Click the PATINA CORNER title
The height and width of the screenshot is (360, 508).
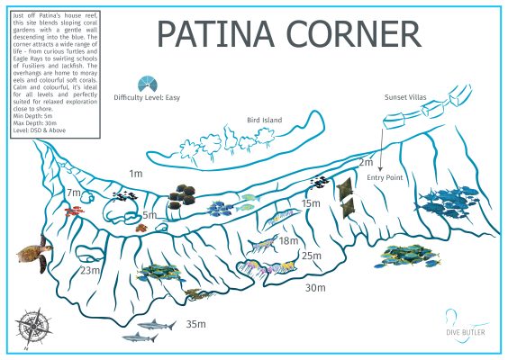(x=288, y=34)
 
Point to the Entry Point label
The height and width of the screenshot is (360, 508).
(x=385, y=178)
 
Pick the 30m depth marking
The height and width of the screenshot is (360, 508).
(x=315, y=288)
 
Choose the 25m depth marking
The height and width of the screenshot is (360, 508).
(x=312, y=256)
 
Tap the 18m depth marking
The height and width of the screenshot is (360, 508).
(x=288, y=240)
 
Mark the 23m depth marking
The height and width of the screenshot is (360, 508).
(x=90, y=270)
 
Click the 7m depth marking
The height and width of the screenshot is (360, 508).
(x=74, y=193)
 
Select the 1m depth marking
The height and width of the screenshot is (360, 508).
(x=136, y=173)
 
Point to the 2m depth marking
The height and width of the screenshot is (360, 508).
(x=366, y=162)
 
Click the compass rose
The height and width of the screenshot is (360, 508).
(x=36, y=324)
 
